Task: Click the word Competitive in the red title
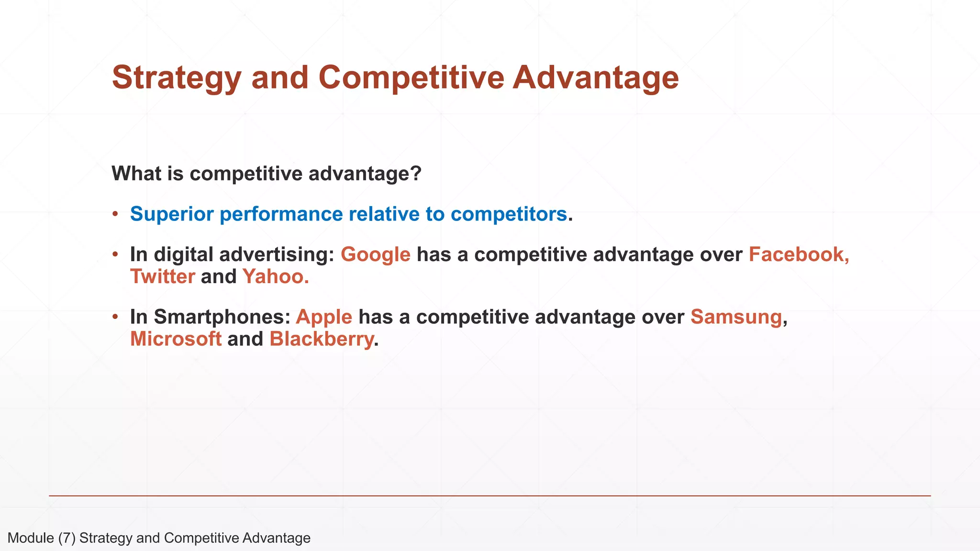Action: pos(411,78)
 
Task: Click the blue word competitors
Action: pos(509,214)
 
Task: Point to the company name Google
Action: pos(375,254)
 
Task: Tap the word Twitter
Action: pos(163,276)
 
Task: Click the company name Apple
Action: pos(324,317)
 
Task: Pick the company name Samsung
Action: pos(736,317)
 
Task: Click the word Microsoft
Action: pos(176,339)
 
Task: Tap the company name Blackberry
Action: pos(321,339)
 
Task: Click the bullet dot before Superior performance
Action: pos(115,213)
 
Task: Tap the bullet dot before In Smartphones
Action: pos(115,316)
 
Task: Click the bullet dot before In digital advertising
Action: pos(115,254)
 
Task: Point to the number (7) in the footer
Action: pos(67,538)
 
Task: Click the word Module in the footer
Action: pos(31,538)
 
